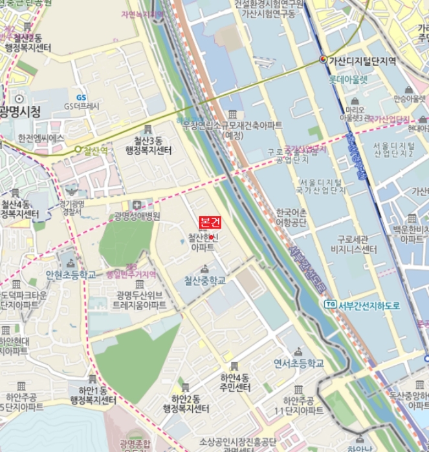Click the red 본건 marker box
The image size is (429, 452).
pyautogui.click(x=210, y=222)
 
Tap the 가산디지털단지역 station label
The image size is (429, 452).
pyautogui.click(x=362, y=61)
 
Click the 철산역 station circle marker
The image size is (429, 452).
pyautogui.click(x=78, y=150)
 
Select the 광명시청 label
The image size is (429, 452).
pyautogui.click(x=20, y=112)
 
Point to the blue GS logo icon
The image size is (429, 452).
pyautogui.click(x=81, y=97)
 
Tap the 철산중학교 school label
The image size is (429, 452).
pyautogui.click(x=204, y=281)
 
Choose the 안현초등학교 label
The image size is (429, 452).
pyautogui.click(x=71, y=275)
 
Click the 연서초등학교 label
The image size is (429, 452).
pyautogui.click(x=298, y=364)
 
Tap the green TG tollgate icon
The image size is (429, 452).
pyautogui.click(x=331, y=304)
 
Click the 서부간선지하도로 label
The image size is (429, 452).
pyautogui.click(x=369, y=305)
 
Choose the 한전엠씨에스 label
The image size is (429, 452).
pyautogui.click(x=41, y=138)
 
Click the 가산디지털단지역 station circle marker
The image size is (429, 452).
pyautogui.click(x=324, y=60)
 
